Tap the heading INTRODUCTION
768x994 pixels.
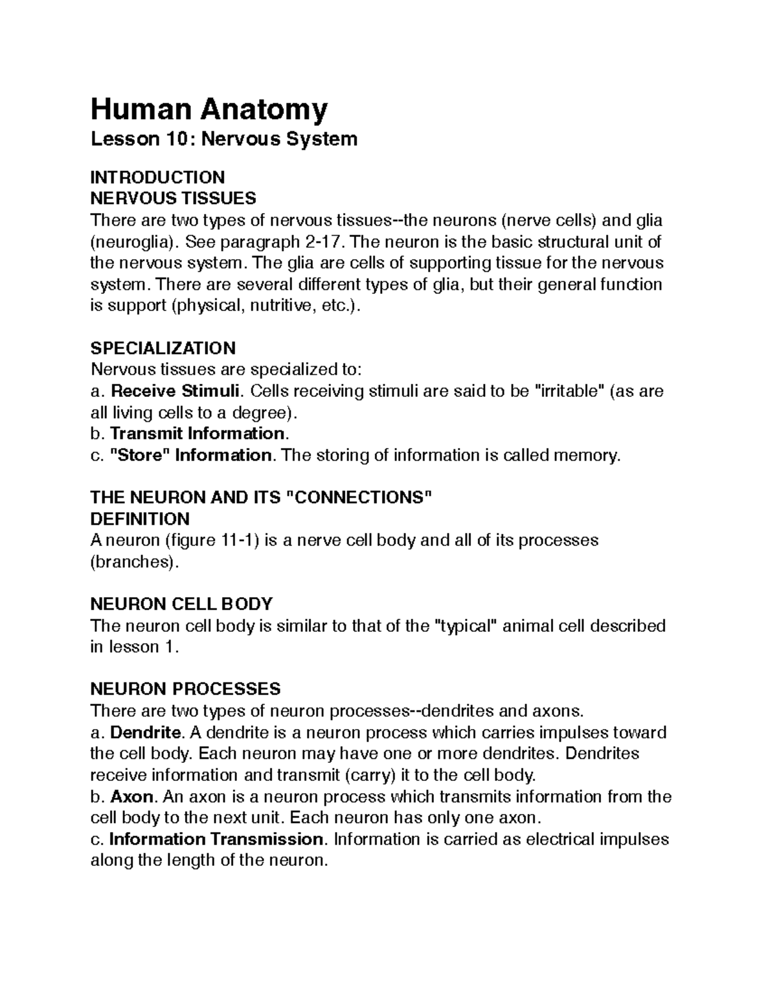click(x=157, y=177)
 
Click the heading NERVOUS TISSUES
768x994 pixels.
click(x=173, y=198)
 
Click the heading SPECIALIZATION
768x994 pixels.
click(x=163, y=348)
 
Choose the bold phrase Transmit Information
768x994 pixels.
click(x=197, y=433)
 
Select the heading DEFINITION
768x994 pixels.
click(x=140, y=518)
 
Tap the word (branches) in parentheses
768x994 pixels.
click(x=131, y=562)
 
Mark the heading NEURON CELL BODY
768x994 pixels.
click(x=182, y=604)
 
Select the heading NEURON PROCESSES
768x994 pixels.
click(x=186, y=689)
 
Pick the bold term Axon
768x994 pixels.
click(x=132, y=797)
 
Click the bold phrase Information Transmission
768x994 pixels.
click(x=216, y=839)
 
